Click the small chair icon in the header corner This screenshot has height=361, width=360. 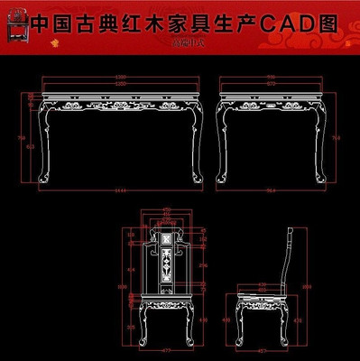pyautogui.click(x=14, y=23)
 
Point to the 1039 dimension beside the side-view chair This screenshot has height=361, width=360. pyautogui.click(x=304, y=287)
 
